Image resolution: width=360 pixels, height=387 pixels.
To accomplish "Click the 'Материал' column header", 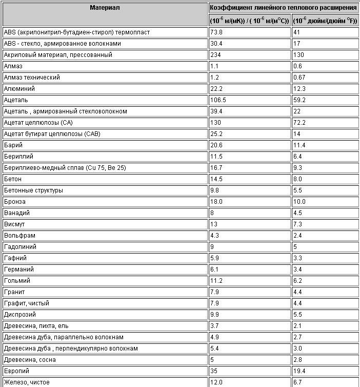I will tap(105, 8).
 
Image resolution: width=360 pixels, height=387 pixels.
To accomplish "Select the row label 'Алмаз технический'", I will tap(32, 78).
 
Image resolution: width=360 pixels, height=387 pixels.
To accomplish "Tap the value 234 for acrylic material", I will tap(215, 55).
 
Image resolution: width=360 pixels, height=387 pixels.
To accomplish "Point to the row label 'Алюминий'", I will tap(19, 89).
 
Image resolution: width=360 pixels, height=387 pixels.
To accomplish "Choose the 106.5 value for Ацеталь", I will tap(218, 100).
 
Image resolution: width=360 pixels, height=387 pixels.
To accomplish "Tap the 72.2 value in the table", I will tap(299, 123).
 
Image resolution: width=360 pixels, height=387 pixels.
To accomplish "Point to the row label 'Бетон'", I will tap(13, 179).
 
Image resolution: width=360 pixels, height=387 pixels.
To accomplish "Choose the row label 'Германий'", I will tap(18, 269).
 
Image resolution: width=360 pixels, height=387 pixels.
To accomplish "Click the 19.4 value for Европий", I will tap(299, 371).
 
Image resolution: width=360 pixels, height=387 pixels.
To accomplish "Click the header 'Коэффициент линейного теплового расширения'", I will tap(283, 8).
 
